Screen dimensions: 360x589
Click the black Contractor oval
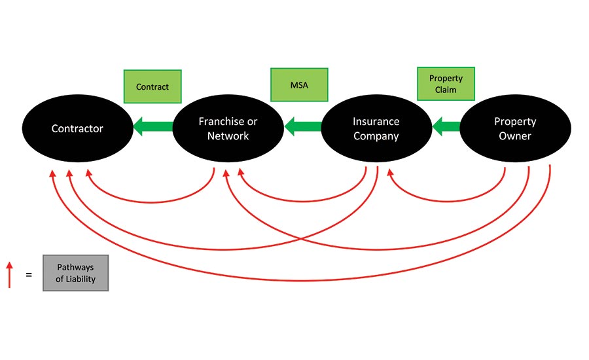(77, 128)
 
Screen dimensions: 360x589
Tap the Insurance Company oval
(376, 128)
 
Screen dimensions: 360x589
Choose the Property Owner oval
(515, 128)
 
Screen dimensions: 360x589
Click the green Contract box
(152, 86)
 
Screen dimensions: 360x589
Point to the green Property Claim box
(446, 84)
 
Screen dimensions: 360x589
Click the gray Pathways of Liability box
(75, 273)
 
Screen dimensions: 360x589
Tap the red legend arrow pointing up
(10, 275)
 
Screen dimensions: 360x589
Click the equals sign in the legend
(28, 275)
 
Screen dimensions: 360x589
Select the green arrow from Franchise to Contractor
(153, 128)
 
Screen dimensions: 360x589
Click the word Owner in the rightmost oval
(515, 136)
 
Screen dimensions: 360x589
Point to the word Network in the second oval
(228, 136)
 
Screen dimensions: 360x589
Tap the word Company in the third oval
(376, 136)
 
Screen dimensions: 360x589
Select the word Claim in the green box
(446, 90)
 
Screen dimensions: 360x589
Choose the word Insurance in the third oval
(376, 122)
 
